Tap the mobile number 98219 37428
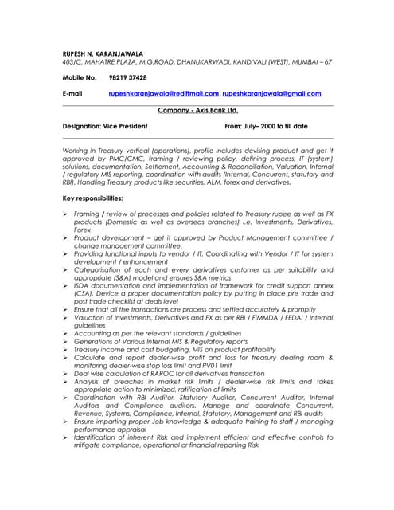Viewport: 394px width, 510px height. [127, 77]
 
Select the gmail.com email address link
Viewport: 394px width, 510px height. [277, 94]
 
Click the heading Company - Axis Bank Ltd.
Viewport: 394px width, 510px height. [198, 110]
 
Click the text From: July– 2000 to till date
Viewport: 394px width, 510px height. [266, 126]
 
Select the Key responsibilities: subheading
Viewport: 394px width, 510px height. [92, 197]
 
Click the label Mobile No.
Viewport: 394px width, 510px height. [79, 77]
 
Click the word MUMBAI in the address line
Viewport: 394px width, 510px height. [298, 61]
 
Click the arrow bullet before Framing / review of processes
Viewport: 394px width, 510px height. [65, 214]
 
